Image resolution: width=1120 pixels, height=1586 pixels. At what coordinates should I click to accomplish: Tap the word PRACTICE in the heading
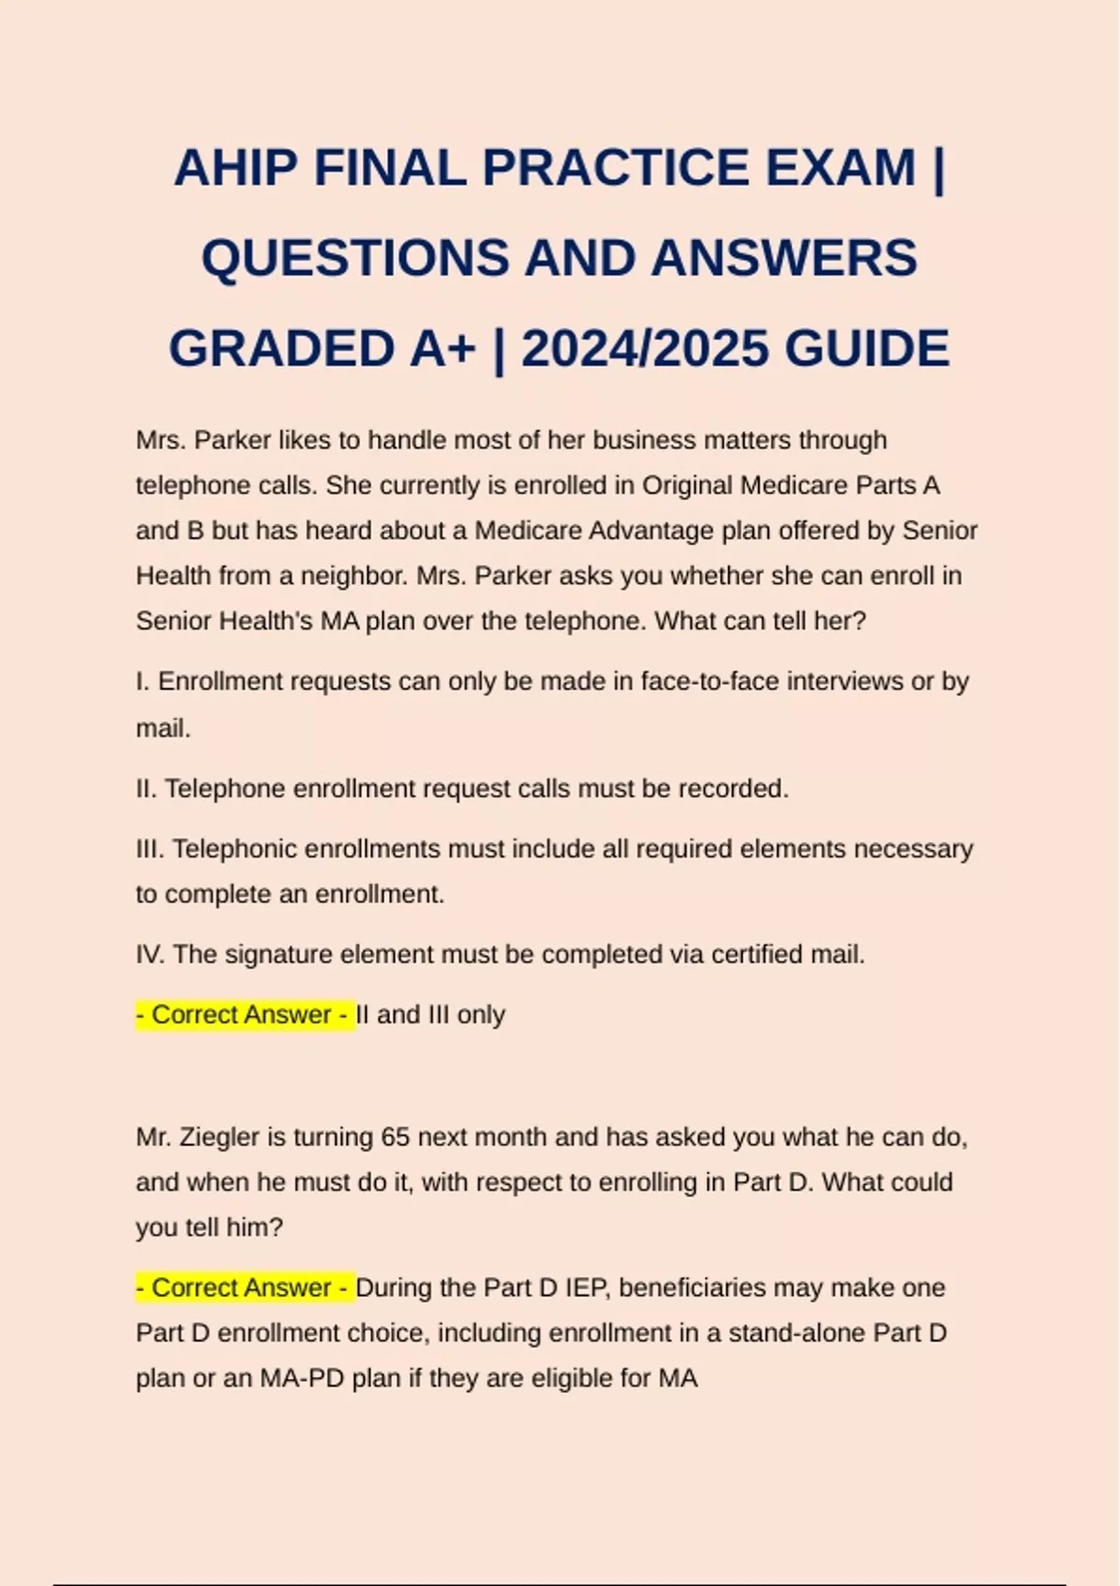615,169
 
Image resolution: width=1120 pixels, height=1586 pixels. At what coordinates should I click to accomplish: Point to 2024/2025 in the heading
645,349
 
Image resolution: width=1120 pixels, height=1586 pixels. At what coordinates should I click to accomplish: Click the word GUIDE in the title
867,349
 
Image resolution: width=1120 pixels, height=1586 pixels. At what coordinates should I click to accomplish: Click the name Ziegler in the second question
219,1137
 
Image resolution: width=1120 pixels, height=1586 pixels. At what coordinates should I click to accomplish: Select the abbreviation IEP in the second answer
586,1288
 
